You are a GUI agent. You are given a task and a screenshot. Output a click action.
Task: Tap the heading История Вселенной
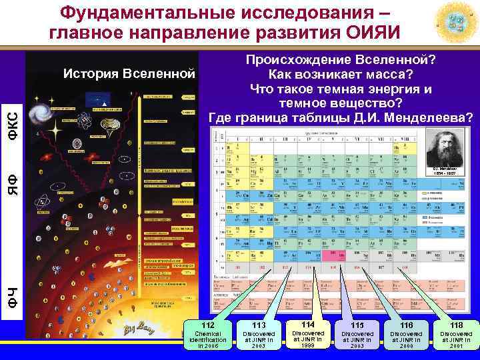click(130, 72)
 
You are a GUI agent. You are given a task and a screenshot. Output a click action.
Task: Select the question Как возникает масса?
click(341, 74)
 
